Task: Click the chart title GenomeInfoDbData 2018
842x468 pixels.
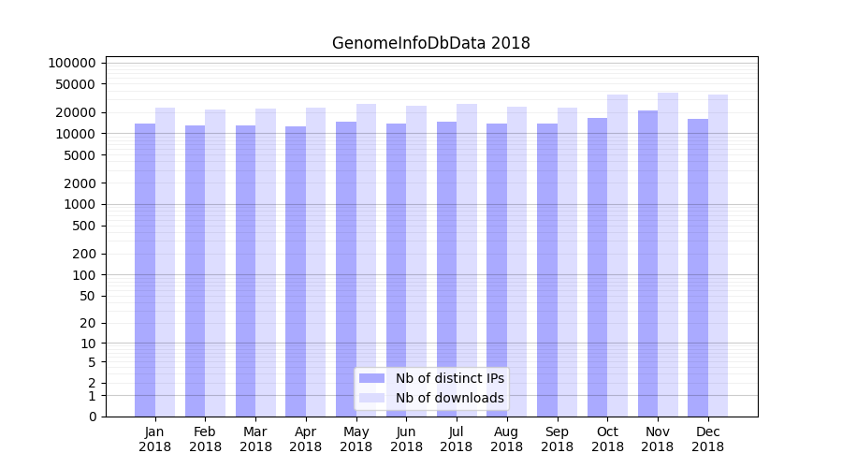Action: (x=431, y=43)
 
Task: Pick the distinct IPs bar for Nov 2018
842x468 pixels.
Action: (x=647, y=263)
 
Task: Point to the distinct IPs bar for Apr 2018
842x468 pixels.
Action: (x=296, y=271)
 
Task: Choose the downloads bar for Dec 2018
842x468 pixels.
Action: (x=718, y=256)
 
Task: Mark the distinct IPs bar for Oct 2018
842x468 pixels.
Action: (x=597, y=267)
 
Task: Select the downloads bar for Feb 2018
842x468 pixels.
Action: (x=215, y=263)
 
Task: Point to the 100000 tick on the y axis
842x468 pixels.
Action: (x=72, y=63)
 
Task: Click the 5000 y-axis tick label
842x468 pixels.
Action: (x=80, y=155)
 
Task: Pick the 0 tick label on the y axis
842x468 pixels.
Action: (x=92, y=417)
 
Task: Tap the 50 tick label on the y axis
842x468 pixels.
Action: (x=87, y=296)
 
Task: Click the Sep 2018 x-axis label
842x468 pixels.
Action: (x=557, y=439)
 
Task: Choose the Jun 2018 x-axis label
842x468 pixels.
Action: (x=406, y=439)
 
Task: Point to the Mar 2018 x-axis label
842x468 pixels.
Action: (x=255, y=439)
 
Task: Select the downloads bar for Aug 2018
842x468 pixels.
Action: (x=517, y=261)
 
